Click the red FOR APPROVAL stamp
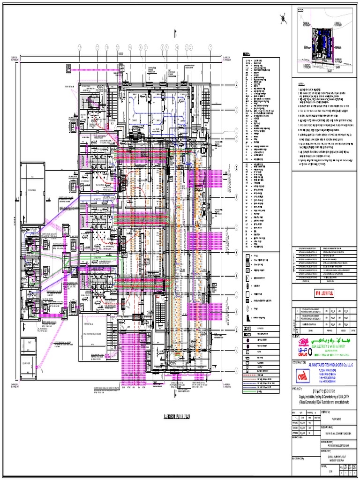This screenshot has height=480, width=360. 324,293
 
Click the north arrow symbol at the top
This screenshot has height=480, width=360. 284,19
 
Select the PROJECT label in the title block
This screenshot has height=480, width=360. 298,389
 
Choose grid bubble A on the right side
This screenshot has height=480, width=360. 237,85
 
